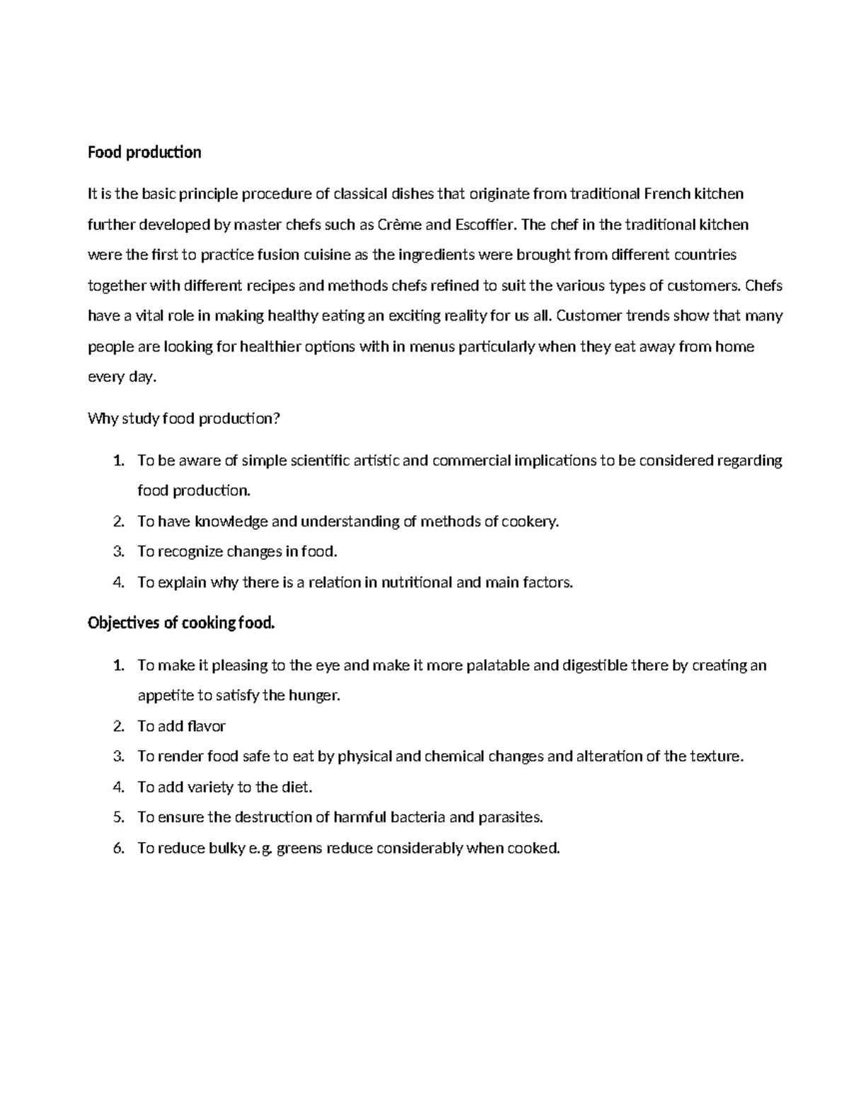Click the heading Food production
(144, 152)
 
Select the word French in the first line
(666, 193)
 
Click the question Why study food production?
(184, 418)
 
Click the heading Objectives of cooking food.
(180, 623)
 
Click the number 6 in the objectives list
(117, 848)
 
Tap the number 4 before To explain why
(117, 582)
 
